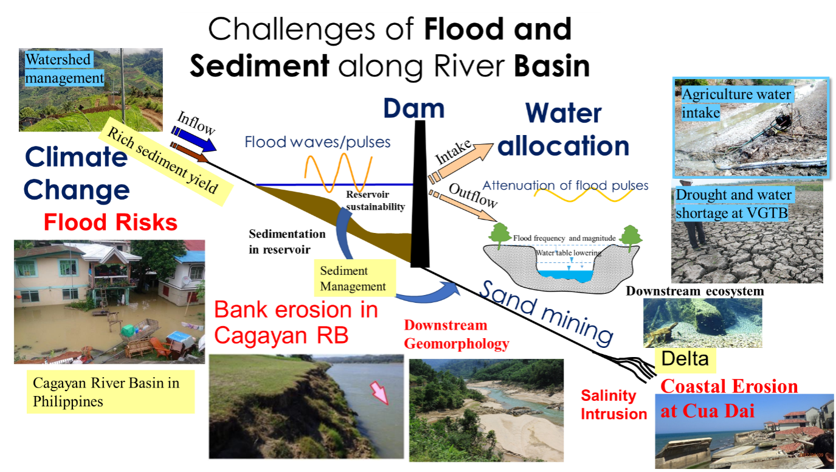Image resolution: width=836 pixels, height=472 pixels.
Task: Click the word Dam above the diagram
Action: click(x=414, y=109)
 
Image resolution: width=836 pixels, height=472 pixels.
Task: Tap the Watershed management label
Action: click(x=64, y=69)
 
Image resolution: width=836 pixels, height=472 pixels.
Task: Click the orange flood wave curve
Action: click(x=337, y=173)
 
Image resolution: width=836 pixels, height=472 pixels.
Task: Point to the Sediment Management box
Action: click(x=353, y=279)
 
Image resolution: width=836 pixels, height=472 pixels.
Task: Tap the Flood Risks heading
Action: click(x=110, y=223)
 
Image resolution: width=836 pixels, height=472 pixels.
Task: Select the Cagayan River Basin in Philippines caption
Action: click(x=110, y=392)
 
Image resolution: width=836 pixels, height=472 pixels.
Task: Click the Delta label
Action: click(x=685, y=359)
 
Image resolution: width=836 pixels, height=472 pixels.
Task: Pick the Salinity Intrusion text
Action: click(x=613, y=405)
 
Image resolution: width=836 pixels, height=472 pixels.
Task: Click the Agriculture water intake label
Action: click(x=736, y=103)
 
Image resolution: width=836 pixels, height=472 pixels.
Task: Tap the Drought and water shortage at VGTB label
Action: click(x=734, y=204)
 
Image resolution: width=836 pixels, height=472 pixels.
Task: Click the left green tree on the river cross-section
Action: click(x=500, y=235)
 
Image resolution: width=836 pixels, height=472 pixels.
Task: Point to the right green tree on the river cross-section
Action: click(x=630, y=236)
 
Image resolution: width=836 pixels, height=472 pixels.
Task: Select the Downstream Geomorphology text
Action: click(x=456, y=335)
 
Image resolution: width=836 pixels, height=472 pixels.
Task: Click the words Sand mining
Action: click(x=546, y=311)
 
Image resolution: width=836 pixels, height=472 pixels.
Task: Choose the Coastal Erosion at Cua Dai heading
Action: click(x=729, y=398)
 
